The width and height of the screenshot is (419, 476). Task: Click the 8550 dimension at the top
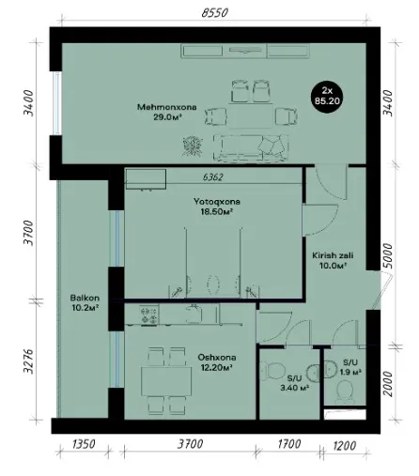click(214, 13)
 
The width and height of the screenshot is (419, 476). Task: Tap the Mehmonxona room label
click(167, 107)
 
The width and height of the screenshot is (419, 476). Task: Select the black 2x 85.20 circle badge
click(327, 96)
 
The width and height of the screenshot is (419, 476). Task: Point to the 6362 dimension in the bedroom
click(213, 177)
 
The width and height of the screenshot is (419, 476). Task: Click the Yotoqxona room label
click(217, 202)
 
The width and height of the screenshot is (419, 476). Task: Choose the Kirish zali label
click(333, 255)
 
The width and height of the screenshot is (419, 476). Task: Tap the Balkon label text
click(85, 298)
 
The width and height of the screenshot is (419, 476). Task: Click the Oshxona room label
click(217, 358)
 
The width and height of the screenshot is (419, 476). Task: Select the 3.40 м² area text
click(295, 388)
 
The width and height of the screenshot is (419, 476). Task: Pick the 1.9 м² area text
click(350, 372)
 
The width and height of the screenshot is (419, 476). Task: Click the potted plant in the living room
click(193, 146)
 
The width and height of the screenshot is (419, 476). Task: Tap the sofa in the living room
click(251, 148)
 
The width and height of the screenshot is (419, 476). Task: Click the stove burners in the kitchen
click(148, 315)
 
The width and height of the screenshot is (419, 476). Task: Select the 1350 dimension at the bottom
click(84, 444)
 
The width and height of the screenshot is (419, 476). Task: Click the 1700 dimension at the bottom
click(289, 444)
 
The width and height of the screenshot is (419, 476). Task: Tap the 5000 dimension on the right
click(388, 255)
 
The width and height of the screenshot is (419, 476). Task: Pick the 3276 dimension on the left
click(28, 361)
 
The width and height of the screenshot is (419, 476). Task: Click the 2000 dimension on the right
click(388, 384)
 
